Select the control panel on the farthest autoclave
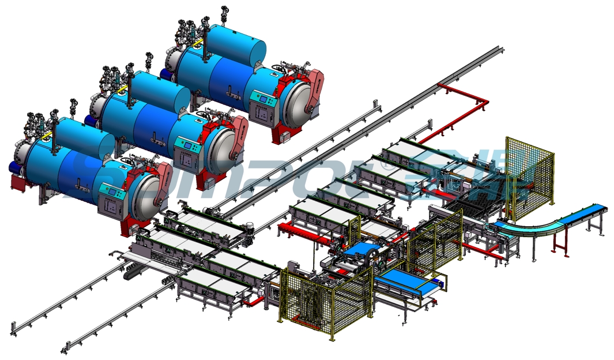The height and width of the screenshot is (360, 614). (x=263, y=104)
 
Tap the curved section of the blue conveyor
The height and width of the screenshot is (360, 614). (x=542, y=222)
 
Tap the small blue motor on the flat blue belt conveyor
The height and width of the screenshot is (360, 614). (x=440, y=282)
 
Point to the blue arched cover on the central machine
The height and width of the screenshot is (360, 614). (x=359, y=249)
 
